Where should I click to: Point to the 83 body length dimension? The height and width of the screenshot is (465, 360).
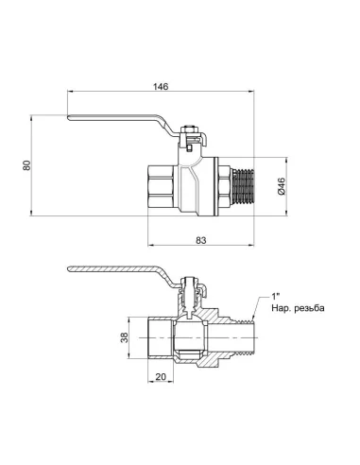[201, 240]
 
